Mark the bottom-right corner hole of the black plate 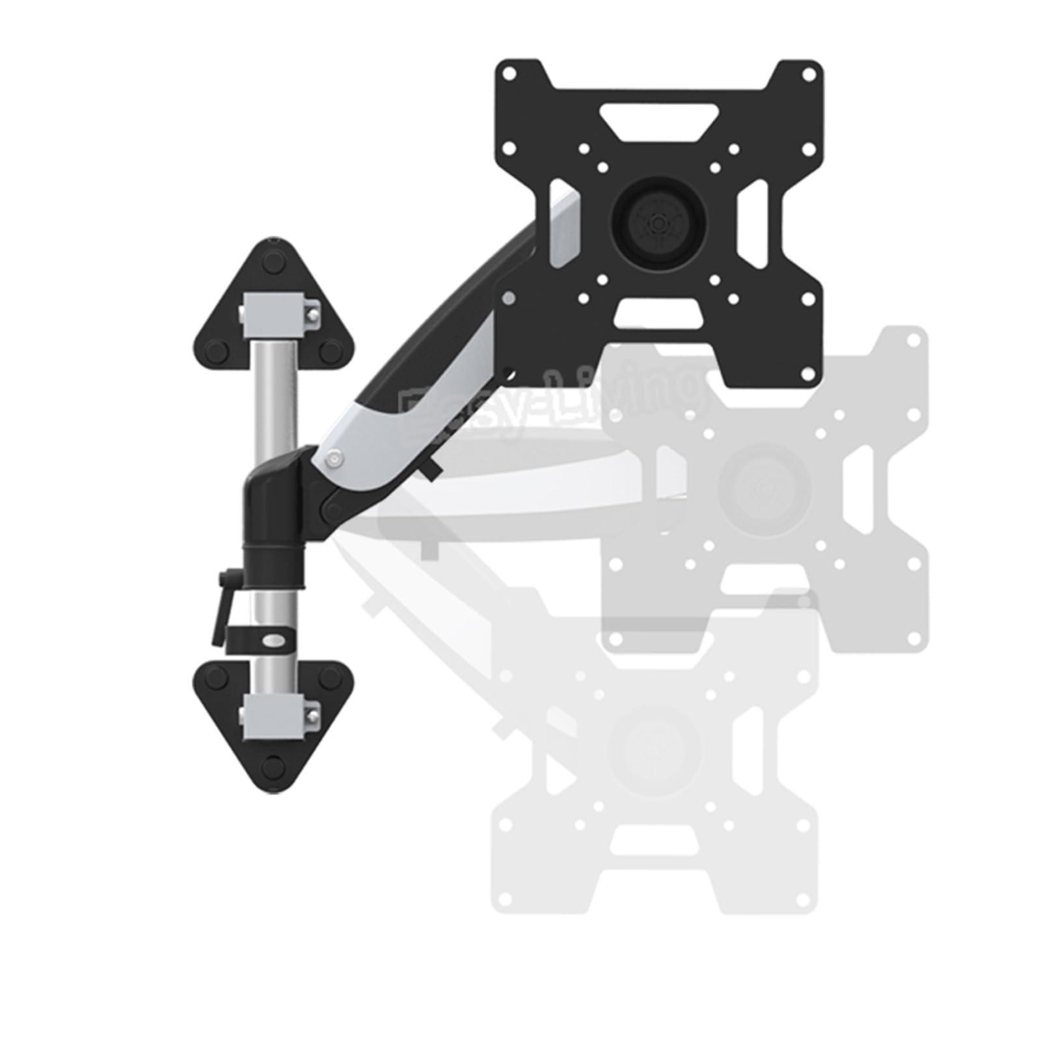coord(809,373)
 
